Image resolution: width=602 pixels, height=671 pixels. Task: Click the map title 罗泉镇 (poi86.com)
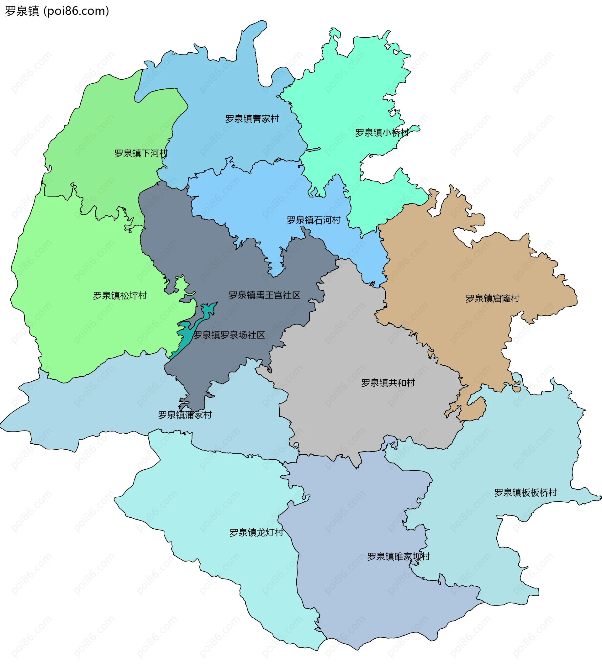pyautogui.click(x=57, y=11)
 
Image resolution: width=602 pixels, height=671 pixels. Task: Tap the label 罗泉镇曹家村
pyautogui.click(x=252, y=119)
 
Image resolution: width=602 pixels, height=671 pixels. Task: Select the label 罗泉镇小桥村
pyautogui.click(x=382, y=133)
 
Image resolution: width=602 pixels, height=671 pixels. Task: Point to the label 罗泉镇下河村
pyautogui.click(x=141, y=153)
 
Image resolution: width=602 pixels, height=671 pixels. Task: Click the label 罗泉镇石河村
pyautogui.click(x=313, y=220)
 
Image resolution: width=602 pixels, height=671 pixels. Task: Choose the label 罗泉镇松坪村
pyautogui.click(x=120, y=295)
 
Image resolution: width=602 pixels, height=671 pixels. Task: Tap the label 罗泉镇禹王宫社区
pyautogui.click(x=264, y=295)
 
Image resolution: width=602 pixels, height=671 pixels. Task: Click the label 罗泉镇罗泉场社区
pyautogui.click(x=229, y=335)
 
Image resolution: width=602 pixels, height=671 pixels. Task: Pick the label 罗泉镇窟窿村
pyautogui.click(x=492, y=298)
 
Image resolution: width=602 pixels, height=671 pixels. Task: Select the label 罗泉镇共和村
pyautogui.click(x=388, y=383)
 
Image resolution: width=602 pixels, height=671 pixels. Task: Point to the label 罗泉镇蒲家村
pyautogui.click(x=185, y=415)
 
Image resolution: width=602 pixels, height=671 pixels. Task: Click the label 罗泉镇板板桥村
pyautogui.click(x=525, y=492)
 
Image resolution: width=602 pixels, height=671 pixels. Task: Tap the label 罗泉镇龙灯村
pyautogui.click(x=256, y=532)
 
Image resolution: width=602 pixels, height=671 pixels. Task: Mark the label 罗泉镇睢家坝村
pyautogui.click(x=398, y=556)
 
